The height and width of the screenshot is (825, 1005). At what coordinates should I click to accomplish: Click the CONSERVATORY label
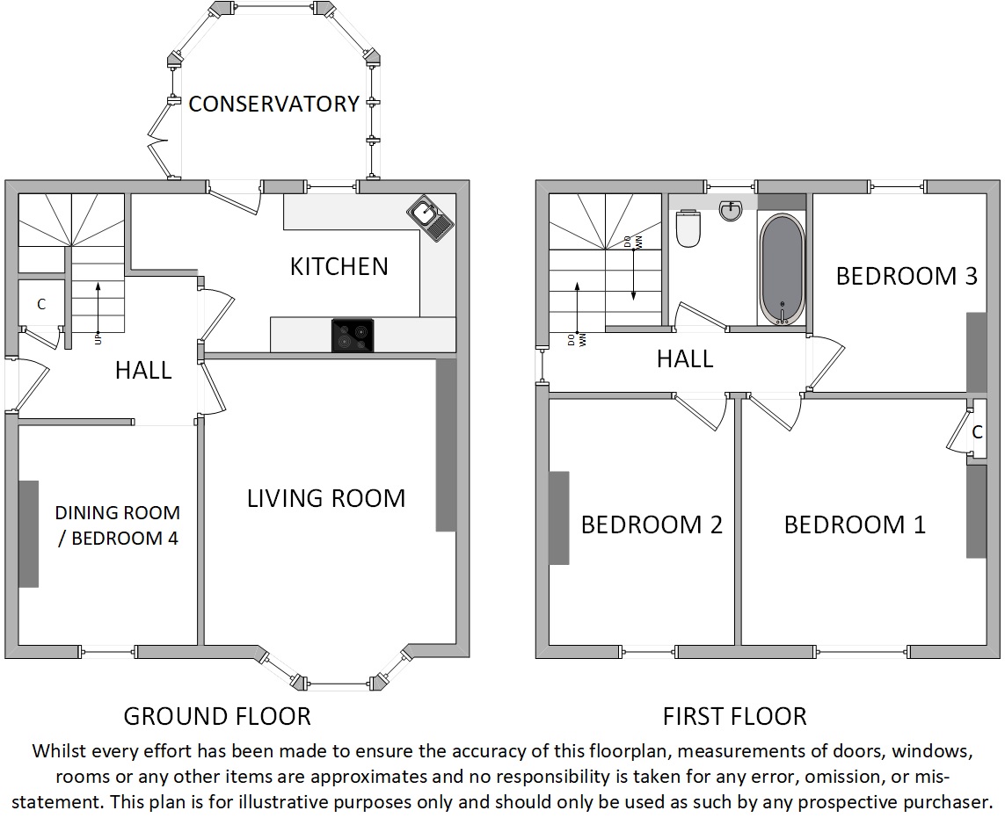click(273, 104)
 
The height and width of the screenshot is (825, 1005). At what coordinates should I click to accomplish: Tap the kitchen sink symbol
click(430, 218)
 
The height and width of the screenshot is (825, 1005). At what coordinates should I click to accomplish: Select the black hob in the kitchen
click(353, 335)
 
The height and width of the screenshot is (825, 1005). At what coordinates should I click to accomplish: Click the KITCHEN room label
click(339, 266)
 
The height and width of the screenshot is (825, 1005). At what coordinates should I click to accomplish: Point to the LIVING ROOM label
click(326, 498)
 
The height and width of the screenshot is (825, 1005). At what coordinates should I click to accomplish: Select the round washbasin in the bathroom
click(731, 210)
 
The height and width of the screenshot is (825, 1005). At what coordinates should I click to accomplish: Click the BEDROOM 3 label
click(907, 276)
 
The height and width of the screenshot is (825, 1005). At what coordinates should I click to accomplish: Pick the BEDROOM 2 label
click(652, 525)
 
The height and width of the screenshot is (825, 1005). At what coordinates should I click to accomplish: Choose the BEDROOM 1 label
click(855, 525)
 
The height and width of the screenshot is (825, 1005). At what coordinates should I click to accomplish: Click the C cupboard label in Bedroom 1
click(978, 432)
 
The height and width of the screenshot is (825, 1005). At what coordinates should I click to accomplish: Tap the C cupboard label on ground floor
click(41, 304)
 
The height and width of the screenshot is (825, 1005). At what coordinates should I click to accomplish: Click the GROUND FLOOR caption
click(217, 716)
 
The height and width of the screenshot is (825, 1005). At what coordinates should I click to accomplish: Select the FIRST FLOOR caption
click(734, 716)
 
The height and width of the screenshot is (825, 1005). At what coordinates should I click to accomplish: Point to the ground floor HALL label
click(143, 370)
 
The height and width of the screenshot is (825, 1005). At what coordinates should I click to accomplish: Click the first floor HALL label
click(685, 358)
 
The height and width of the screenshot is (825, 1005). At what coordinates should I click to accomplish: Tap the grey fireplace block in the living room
click(446, 445)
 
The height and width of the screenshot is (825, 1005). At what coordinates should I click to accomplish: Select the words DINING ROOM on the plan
click(117, 512)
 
